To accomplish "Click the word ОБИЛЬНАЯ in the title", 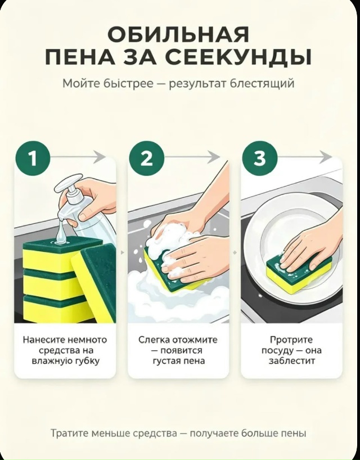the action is tap(178, 34).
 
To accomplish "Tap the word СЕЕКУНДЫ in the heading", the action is tap(237, 57).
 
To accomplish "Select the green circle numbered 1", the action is tap(33, 159).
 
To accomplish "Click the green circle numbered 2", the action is tap(146, 159).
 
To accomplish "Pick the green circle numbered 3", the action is tap(260, 159).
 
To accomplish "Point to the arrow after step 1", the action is tap(78, 156).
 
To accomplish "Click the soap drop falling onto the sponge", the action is tap(60, 231).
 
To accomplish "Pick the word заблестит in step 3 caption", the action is tap(291, 360).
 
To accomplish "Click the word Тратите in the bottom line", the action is tap(70, 434).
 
